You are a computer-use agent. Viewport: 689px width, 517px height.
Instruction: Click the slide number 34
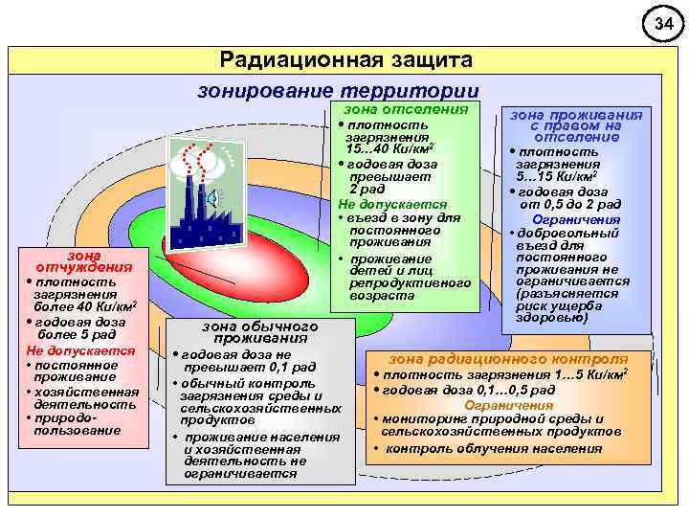click(661, 22)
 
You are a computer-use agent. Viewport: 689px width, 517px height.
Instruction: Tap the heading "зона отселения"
click(406, 109)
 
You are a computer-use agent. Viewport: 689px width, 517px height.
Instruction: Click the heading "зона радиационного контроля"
click(508, 356)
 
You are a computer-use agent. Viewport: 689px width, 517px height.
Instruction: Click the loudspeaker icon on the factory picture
click(212, 198)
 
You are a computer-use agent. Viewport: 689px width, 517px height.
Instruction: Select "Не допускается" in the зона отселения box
click(391, 204)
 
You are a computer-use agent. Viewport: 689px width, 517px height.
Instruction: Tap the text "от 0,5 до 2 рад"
click(570, 204)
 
